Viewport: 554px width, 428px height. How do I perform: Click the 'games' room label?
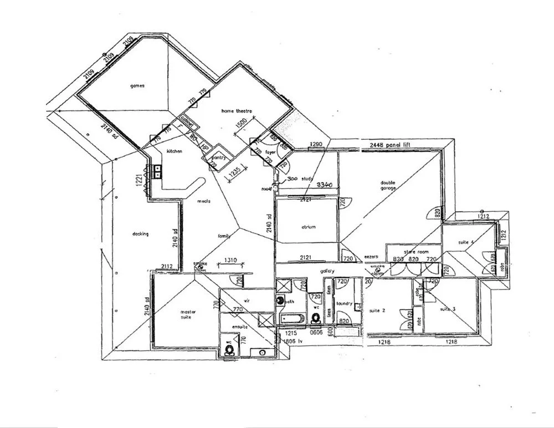point(137,86)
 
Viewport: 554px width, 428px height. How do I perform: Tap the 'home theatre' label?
point(237,111)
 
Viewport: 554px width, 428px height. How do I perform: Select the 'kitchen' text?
point(175,151)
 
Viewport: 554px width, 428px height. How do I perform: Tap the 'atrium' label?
point(308,227)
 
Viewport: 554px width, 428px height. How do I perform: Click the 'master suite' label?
point(188,315)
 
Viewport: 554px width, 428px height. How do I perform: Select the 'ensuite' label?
point(240,327)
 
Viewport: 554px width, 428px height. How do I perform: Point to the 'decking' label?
point(140,234)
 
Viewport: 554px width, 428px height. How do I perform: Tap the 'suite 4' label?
point(466,242)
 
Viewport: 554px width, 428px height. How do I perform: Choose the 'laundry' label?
point(345,303)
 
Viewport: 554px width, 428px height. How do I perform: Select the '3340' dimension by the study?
point(324,185)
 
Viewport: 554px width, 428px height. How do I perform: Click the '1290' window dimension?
point(316,144)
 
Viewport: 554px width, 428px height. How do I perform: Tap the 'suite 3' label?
point(448,309)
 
